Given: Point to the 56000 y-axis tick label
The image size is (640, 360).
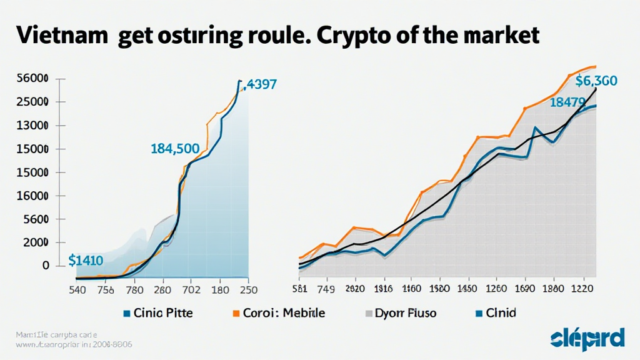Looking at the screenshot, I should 33,79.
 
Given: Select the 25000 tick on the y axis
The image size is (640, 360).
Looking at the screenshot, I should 33,102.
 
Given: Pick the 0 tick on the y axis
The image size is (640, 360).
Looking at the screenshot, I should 45,266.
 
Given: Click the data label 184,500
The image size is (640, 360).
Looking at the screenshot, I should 175,149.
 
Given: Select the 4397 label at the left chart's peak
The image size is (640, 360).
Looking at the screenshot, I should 262,84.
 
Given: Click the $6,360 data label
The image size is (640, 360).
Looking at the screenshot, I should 596,81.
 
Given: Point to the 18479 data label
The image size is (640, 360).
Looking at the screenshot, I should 567,102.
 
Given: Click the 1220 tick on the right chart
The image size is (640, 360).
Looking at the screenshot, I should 582,289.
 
